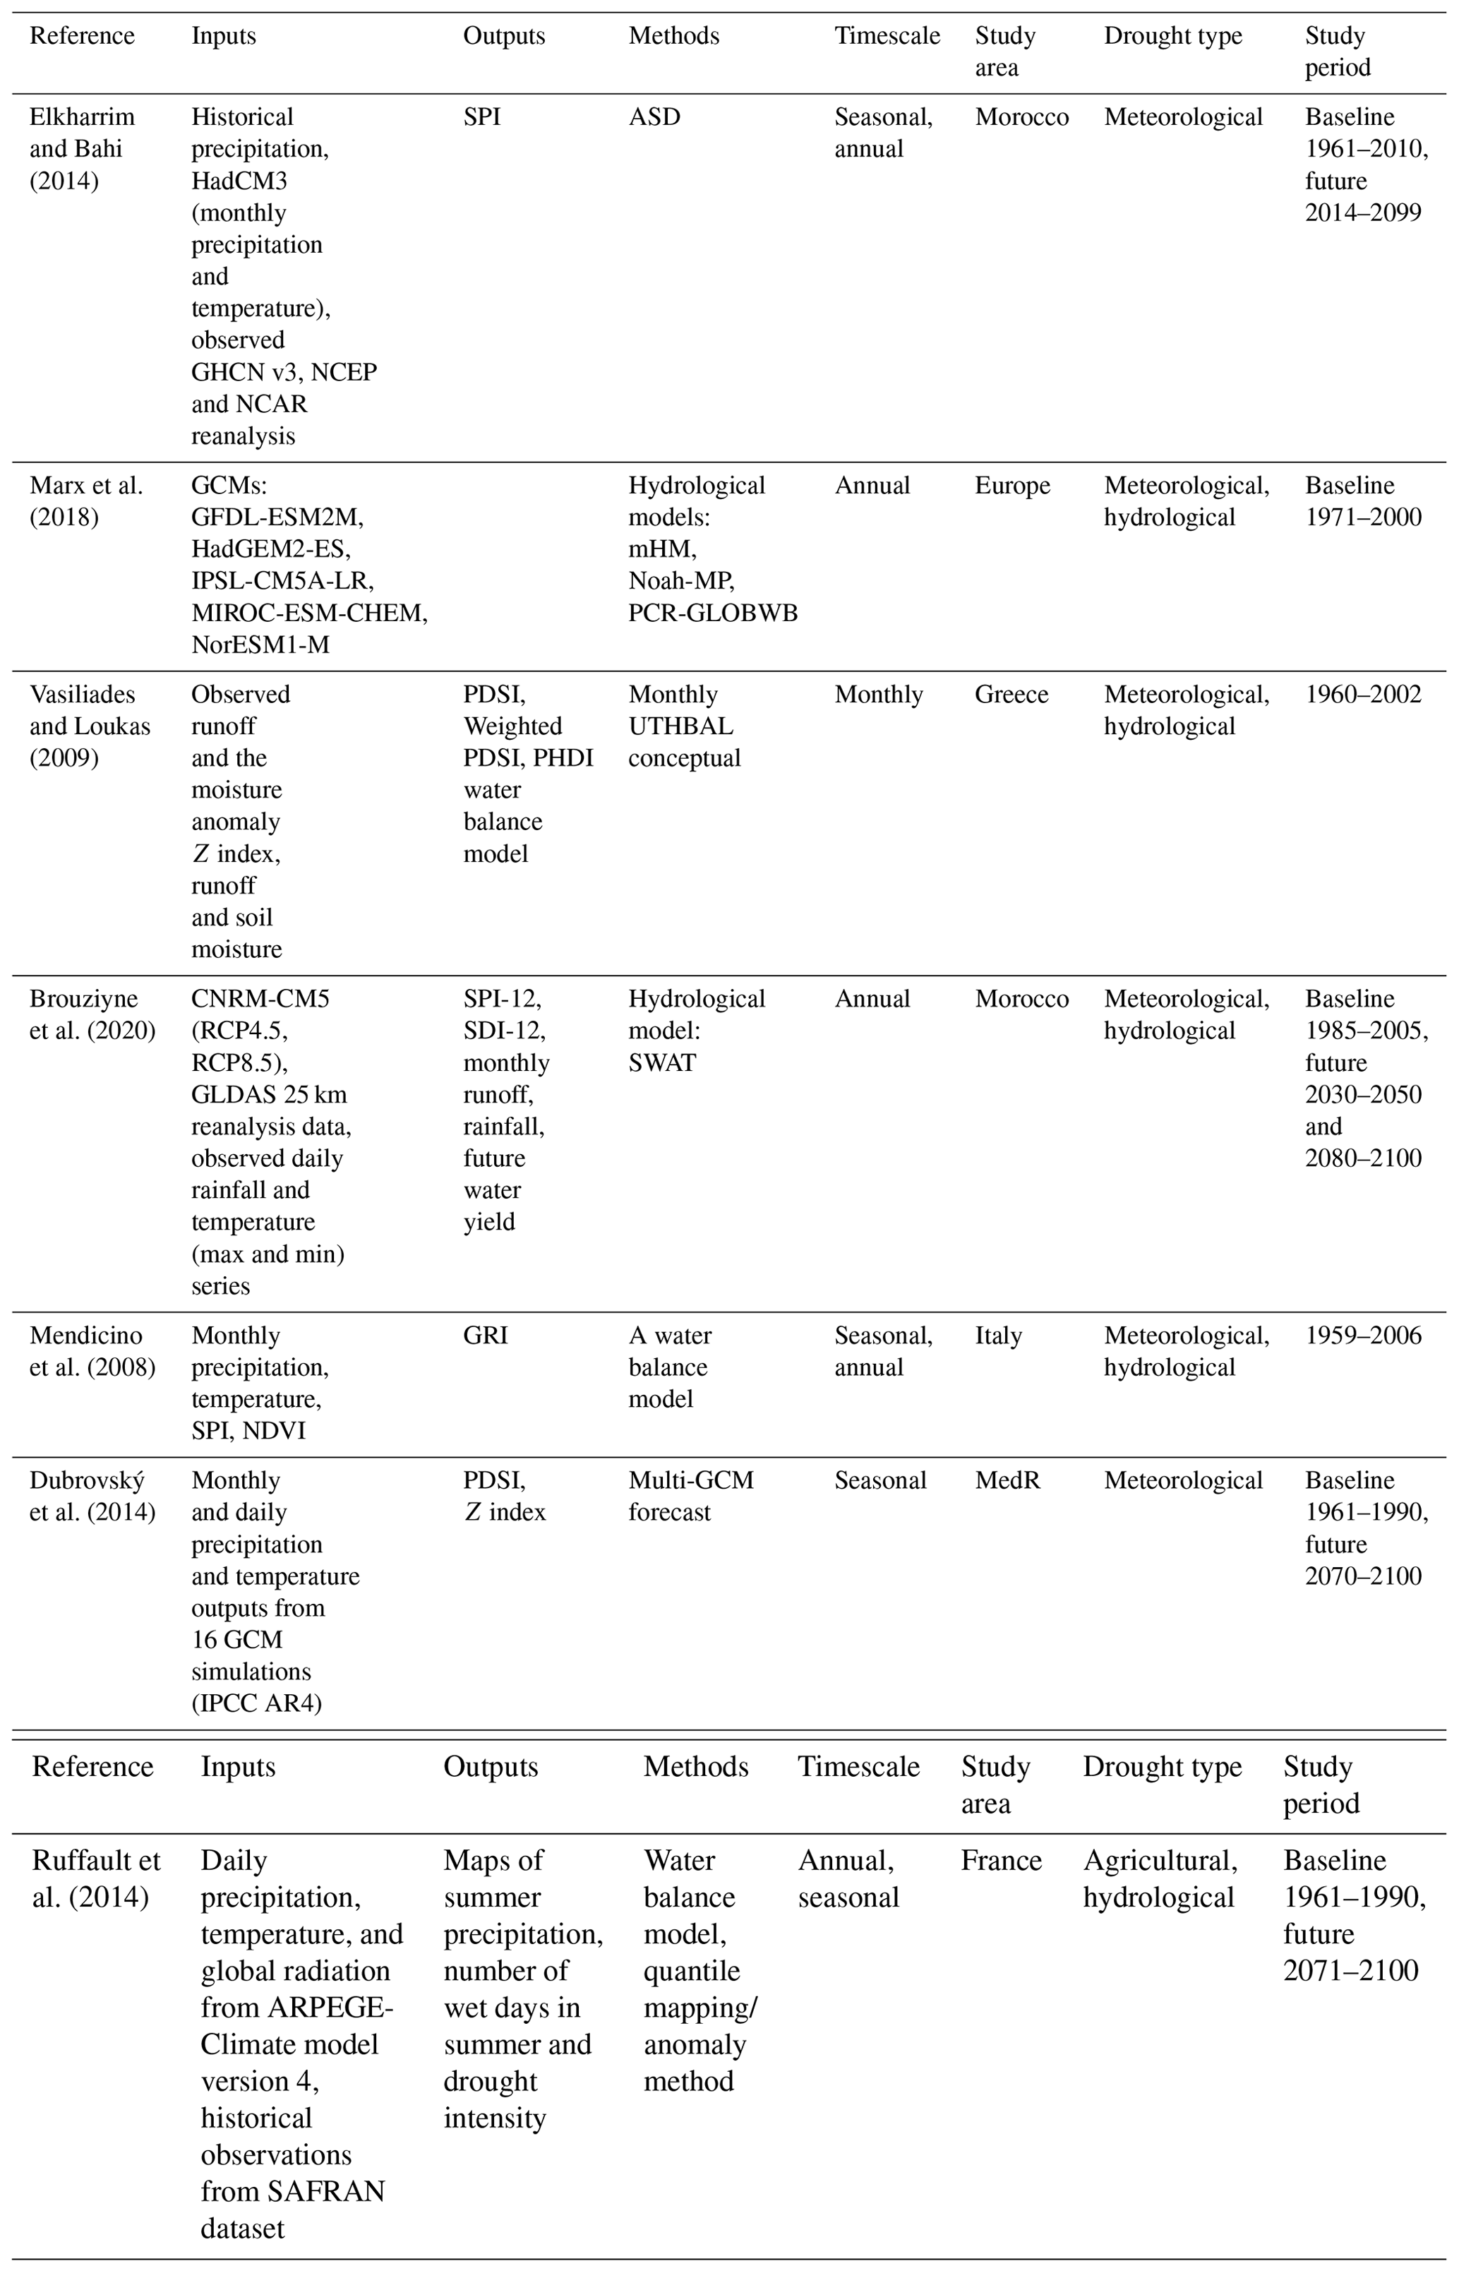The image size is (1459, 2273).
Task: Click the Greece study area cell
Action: [x=1011, y=695]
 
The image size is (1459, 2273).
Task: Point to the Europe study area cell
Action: [x=1011, y=486]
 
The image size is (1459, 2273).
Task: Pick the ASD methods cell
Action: [x=654, y=117]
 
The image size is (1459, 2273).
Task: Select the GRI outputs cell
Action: [x=485, y=1336]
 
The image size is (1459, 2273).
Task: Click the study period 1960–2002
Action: [x=1362, y=695]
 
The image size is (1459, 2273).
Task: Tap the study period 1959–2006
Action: [x=1362, y=1336]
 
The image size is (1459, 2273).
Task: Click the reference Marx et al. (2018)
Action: [x=85, y=501]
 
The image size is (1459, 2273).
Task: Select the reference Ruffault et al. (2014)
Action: [x=96, y=1879]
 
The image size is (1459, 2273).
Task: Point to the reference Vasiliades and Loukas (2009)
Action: [x=89, y=726]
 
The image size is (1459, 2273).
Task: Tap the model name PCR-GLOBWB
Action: [x=712, y=613]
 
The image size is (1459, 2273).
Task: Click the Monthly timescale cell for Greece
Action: [x=877, y=695]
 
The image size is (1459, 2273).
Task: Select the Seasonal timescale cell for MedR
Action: [x=879, y=1481]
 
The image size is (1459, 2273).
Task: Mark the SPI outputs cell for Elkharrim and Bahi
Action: [x=481, y=117]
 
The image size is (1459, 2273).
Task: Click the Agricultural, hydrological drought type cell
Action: [x=1160, y=1879]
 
